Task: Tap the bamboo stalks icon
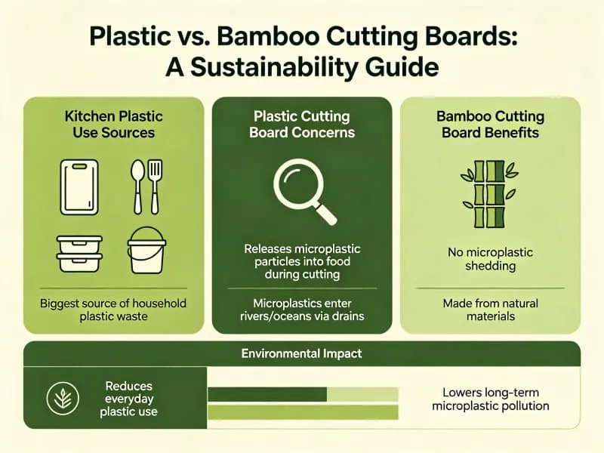(x=489, y=193)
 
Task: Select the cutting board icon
(x=79, y=186)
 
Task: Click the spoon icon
(x=137, y=186)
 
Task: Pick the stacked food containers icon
(x=79, y=253)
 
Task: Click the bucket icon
(x=147, y=251)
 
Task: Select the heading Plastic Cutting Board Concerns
(x=302, y=124)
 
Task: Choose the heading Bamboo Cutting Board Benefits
(x=490, y=124)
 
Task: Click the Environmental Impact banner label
(x=301, y=353)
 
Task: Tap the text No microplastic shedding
(x=490, y=259)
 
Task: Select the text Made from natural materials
(x=490, y=310)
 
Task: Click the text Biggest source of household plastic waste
(x=114, y=310)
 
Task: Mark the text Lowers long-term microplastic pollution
(x=490, y=399)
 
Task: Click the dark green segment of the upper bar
(x=267, y=394)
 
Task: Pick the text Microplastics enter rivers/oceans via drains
(x=302, y=310)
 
